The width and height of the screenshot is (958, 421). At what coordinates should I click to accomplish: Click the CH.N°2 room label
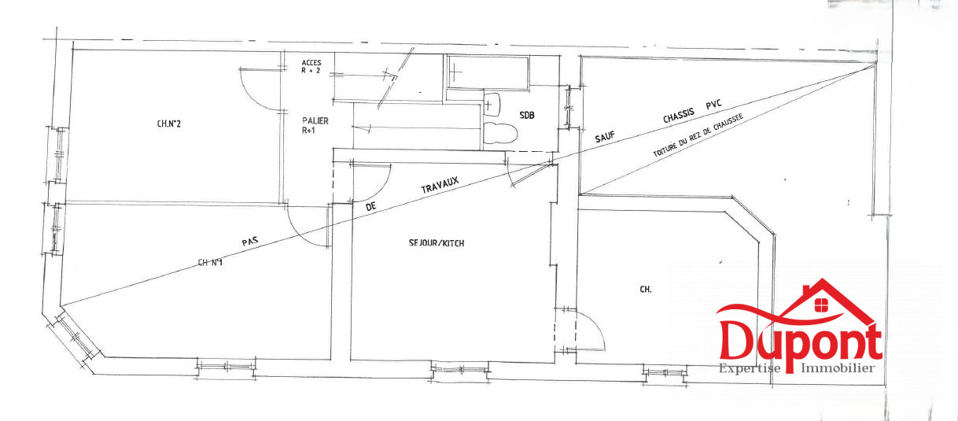tap(169, 124)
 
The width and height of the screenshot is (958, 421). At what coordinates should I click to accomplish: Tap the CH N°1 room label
tap(210, 262)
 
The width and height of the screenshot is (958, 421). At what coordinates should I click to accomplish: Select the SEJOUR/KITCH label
tap(437, 243)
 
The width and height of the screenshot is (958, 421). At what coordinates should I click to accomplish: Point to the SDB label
tap(527, 115)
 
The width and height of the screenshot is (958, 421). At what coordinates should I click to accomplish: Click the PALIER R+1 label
tap(315, 125)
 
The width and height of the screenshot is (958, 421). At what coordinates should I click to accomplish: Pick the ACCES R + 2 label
tap(311, 66)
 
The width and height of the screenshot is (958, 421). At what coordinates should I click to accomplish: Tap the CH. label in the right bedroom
tap(646, 290)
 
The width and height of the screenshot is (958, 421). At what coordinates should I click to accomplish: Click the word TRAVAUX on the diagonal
tap(440, 185)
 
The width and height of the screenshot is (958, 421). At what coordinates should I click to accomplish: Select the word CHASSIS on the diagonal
tap(679, 116)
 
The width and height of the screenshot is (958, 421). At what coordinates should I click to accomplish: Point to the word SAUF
tap(605, 137)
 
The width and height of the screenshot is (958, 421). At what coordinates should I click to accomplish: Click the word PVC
tap(714, 105)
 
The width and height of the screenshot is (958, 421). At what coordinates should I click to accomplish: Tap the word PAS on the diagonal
tap(250, 242)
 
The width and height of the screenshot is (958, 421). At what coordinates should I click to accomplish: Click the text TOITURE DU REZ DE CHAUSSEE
tap(698, 135)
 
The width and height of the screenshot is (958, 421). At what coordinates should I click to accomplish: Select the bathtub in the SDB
tap(488, 72)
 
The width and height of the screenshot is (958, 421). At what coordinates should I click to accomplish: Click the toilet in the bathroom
tap(500, 133)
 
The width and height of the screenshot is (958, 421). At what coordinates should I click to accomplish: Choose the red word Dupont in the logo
tap(799, 342)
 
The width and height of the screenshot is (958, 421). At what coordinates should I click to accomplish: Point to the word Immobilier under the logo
tap(838, 368)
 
